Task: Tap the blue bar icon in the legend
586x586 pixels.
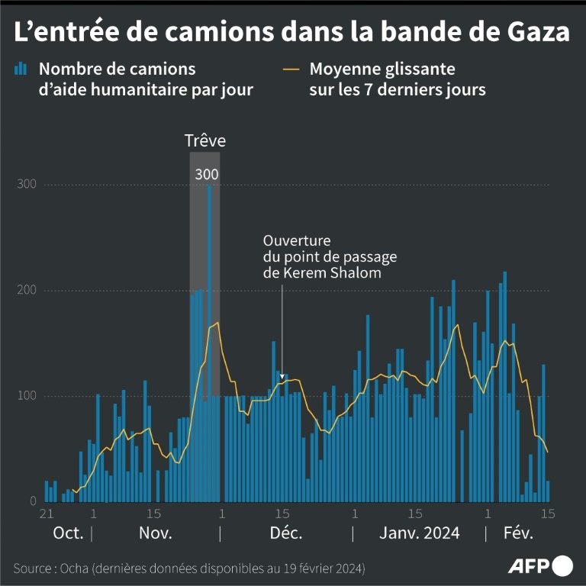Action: pyautogui.click(x=21, y=69)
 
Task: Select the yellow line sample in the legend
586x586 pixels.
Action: pyautogui.click(x=290, y=69)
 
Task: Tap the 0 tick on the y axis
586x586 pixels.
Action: pyautogui.click(x=33, y=501)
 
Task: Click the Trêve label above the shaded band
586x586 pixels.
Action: pyautogui.click(x=205, y=141)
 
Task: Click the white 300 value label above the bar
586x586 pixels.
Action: pyautogui.click(x=207, y=175)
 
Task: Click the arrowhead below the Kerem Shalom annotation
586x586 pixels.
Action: pyautogui.click(x=282, y=376)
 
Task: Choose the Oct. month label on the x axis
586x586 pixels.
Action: pyautogui.click(x=67, y=533)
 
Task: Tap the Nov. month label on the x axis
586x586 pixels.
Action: pyautogui.click(x=156, y=533)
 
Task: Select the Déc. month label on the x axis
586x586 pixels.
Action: pyautogui.click(x=287, y=533)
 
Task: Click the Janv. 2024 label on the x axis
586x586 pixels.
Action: pyautogui.click(x=420, y=533)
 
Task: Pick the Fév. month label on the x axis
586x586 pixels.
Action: pyautogui.click(x=518, y=533)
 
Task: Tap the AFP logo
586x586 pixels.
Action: pyautogui.click(x=540, y=565)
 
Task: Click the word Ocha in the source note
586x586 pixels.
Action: pyautogui.click(x=79, y=569)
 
